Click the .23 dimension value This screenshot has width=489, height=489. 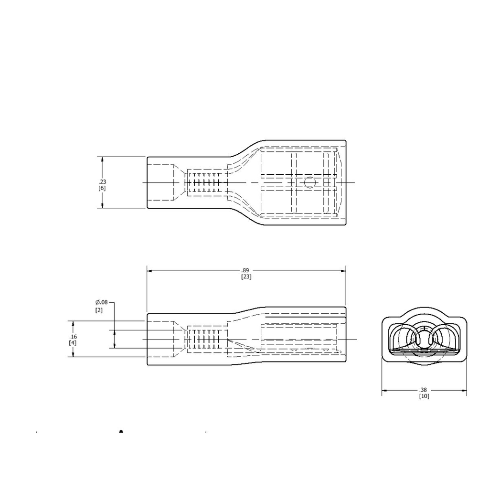102,182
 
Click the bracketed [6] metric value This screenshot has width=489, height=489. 102,188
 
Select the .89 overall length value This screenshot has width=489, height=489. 246,271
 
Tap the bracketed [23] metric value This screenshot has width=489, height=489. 246,277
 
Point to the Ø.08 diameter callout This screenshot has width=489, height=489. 102,302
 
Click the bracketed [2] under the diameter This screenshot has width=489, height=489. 99,310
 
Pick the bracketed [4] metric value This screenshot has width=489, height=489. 73,343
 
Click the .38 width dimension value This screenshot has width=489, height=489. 424,390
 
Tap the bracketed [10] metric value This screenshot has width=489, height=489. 424,396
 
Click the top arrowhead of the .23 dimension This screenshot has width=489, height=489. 102,159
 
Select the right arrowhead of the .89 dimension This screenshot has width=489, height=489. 343,271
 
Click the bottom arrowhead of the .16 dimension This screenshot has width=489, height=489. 73,355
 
